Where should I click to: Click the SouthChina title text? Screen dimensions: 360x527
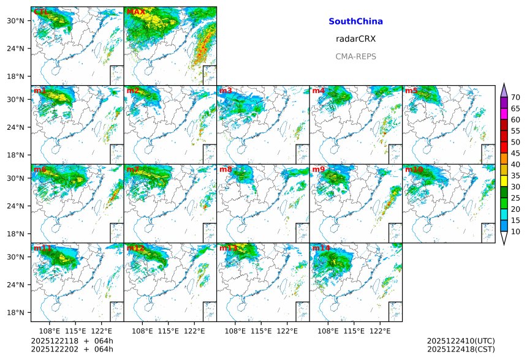click(x=355, y=21)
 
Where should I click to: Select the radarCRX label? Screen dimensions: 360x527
click(x=355, y=39)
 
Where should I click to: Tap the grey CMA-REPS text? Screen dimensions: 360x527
click(x=355, y=56)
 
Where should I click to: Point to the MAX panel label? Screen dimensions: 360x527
click(x=135, y=12)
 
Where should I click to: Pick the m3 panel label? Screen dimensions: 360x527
click(x=226, y=91)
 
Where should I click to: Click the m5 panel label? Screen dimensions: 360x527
click(x=411, y=91)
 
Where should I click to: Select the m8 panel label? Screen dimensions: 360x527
click(x=226, y=169)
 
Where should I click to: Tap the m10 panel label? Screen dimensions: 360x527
click(x=414, y=169)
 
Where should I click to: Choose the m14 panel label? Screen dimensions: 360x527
click(x=320, y=248)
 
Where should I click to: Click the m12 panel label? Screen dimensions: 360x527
click(x=135, y=248)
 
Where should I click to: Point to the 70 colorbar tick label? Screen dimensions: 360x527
click(x=515, y=97)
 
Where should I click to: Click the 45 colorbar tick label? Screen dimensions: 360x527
click(x=515, y=153)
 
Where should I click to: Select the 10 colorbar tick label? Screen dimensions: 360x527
click(x=515, y=231)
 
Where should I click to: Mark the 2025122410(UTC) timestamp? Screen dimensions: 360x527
click(x=460, y=341)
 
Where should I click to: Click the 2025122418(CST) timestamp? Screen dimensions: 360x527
click(x=460, y=350)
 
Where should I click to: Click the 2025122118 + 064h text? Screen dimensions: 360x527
click(x=64, y=341)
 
